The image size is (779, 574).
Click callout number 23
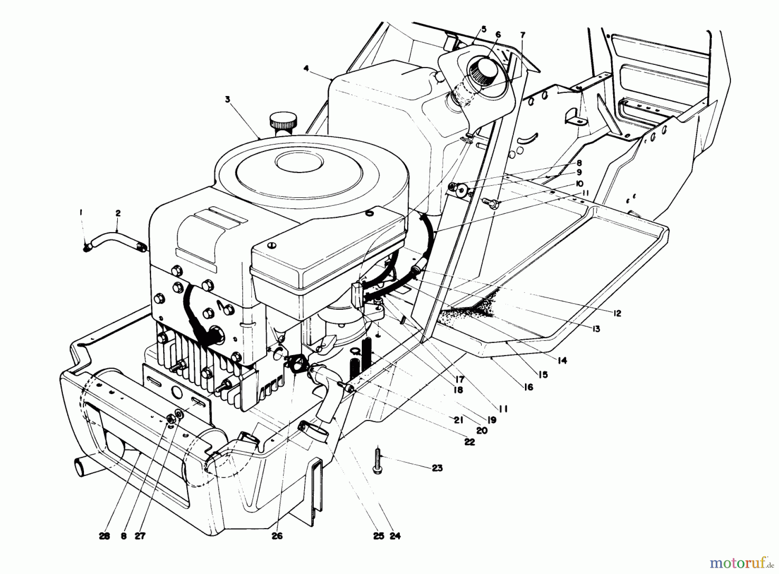(x=437, y=468)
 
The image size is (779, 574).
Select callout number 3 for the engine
(x=228, y=99)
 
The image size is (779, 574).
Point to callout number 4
(x=306, y=68)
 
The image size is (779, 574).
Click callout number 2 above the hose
(x=118, y=213)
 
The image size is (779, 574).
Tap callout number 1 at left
(x=80, y=212)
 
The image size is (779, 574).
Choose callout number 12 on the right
(x=617, y=313)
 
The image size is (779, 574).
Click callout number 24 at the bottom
(x=395, y=536)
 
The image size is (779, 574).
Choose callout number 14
(x=562, y=360)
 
